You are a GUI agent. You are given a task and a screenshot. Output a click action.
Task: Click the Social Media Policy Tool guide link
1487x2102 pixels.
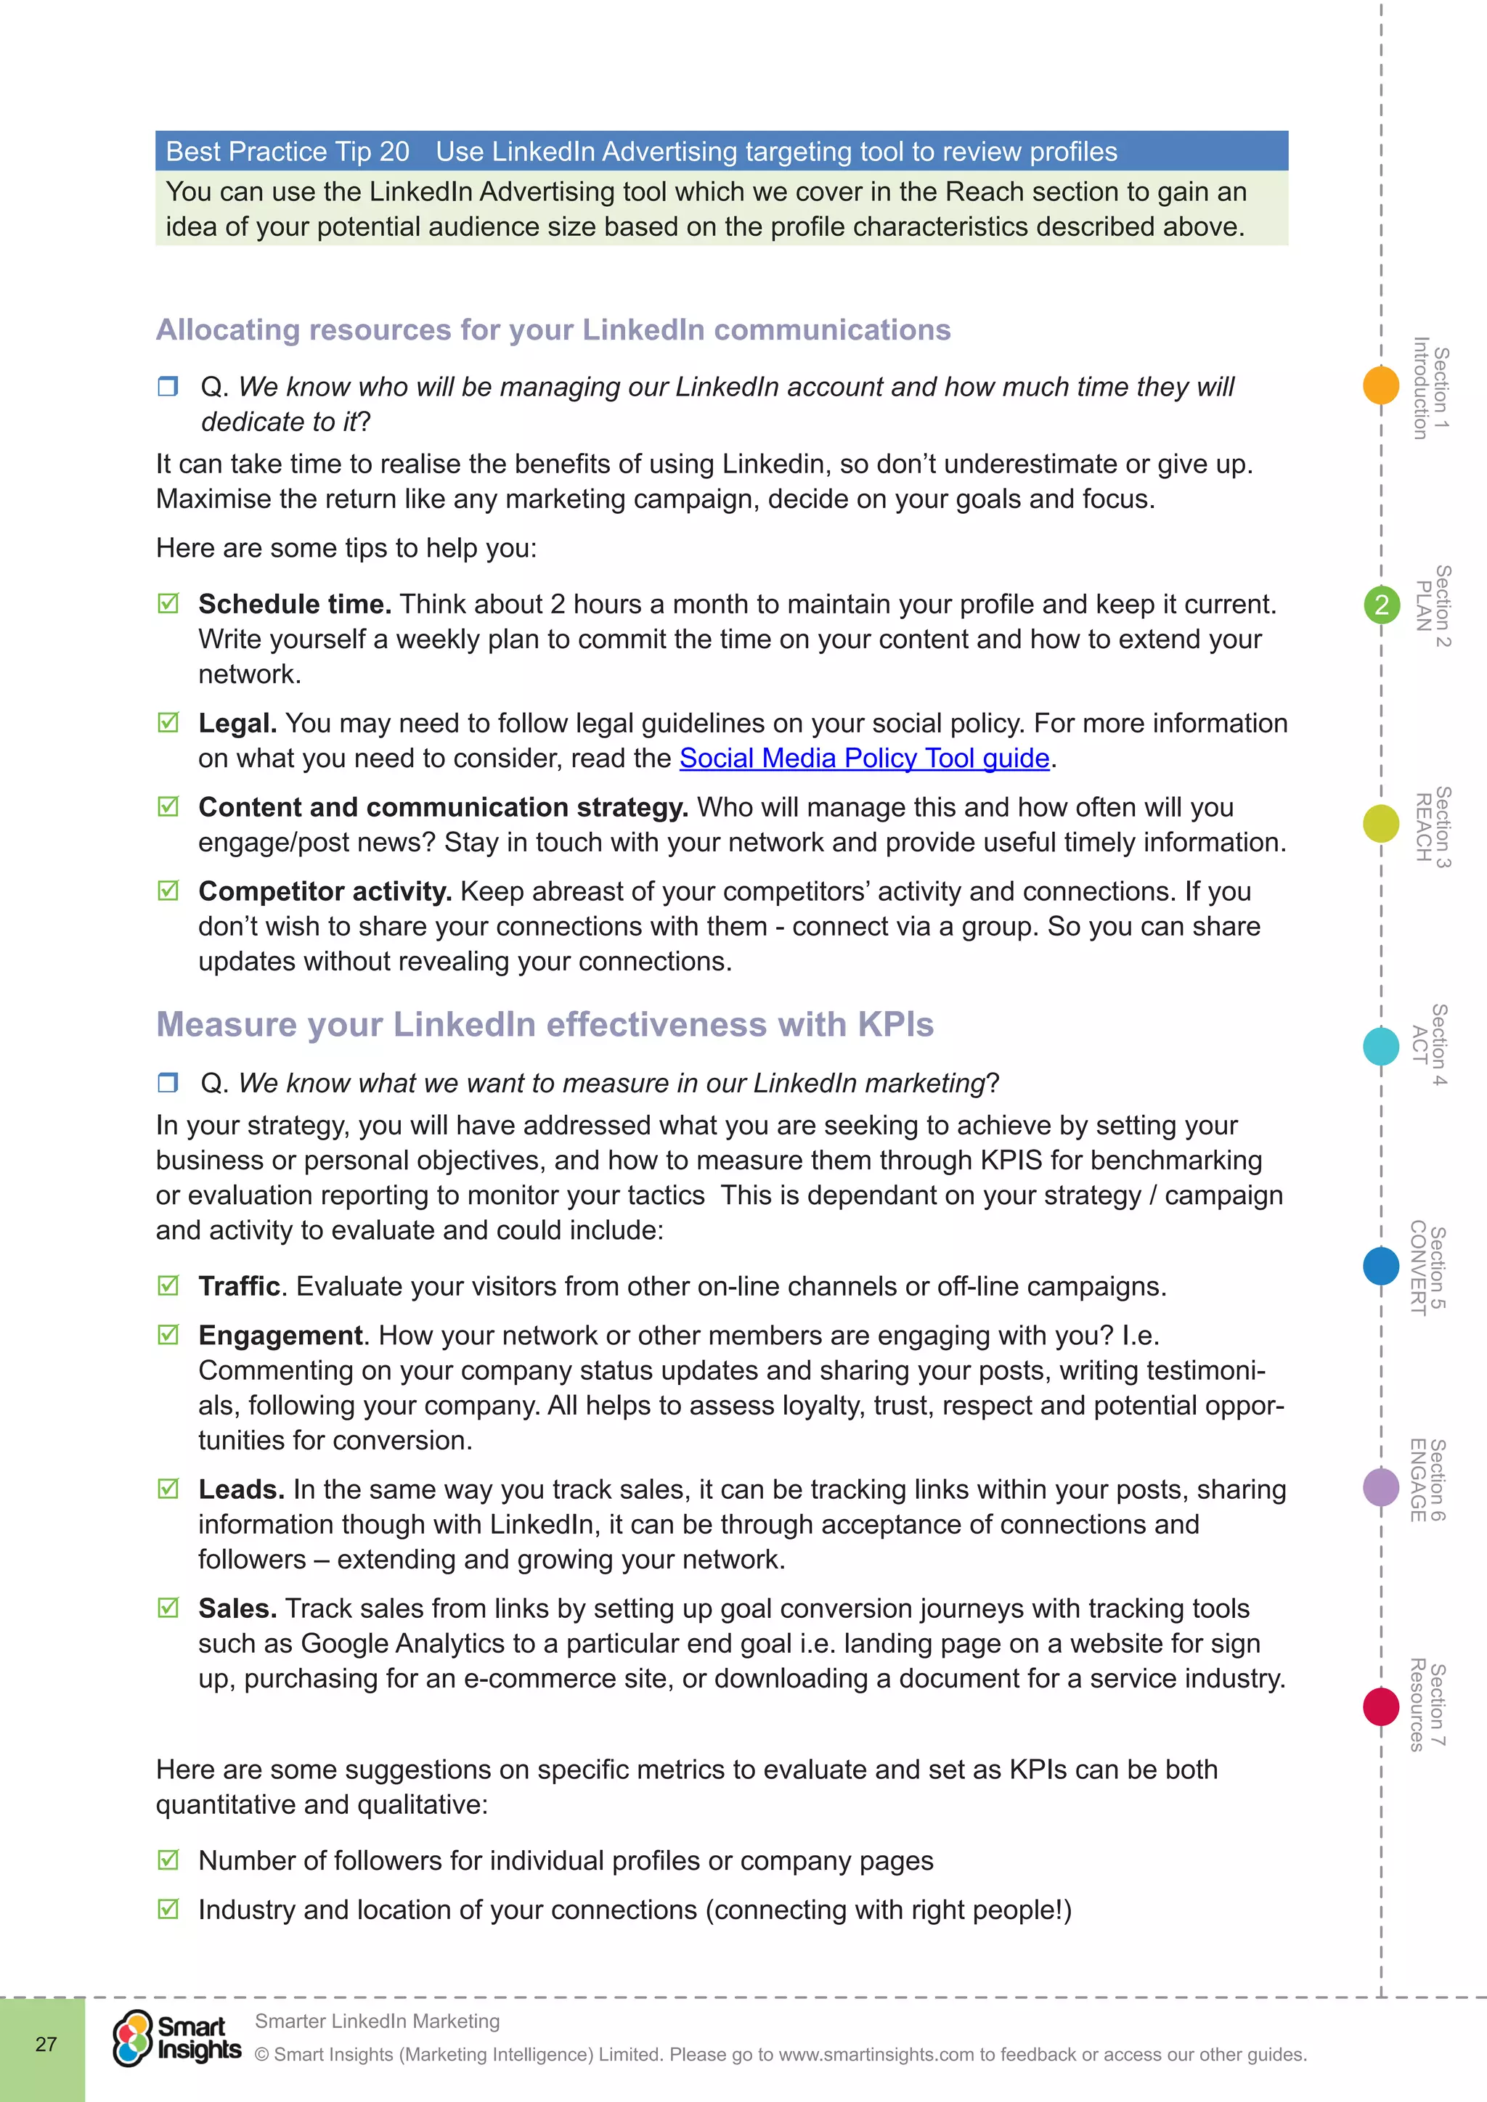[x=863, y=758]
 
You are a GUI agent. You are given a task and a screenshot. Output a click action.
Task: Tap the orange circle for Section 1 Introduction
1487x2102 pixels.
[x=1381, y=385]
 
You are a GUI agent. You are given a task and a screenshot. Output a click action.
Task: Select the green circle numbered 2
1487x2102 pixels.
[x=1382, y=605]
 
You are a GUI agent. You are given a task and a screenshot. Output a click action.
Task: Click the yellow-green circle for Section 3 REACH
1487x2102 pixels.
[x=1381, y=823]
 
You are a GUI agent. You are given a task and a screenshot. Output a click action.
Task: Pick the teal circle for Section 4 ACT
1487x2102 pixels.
[x=1381, y=1045]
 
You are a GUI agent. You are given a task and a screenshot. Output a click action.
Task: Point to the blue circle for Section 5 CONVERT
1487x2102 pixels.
[x=1381, y=1266]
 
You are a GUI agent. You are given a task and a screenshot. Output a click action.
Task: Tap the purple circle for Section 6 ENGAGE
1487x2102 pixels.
[x=1381, y=1486]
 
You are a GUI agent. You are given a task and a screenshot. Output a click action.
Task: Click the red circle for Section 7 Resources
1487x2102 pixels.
[x=1381, y=1706]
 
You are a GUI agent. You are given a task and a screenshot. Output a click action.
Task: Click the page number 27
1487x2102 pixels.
[x=46, y=2045]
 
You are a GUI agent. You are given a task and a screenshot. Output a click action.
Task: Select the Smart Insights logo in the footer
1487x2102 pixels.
[x=176, y=2038]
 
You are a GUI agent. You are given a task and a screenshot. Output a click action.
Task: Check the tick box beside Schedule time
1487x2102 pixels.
[x=168, y=603]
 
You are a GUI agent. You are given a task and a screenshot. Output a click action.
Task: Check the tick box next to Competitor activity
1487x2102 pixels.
[x=168, y=891]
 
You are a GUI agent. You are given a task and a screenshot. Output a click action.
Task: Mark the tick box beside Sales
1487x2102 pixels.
[x=168, y=1608]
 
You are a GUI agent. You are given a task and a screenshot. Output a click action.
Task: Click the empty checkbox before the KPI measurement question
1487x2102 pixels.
[x=168, y=1083]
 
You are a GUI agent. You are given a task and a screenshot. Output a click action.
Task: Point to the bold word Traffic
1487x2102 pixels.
[x=239, y=1286]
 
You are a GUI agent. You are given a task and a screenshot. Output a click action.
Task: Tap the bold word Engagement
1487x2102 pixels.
[x=280, y=1336]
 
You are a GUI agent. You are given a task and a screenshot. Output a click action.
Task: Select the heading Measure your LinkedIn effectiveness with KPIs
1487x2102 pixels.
[x=545, y=1024]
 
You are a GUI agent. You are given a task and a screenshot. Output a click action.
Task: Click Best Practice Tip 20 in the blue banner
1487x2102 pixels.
[x=288, y=152]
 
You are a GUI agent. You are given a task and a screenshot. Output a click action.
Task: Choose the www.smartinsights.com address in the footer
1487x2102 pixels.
[x=876, y=2054]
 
